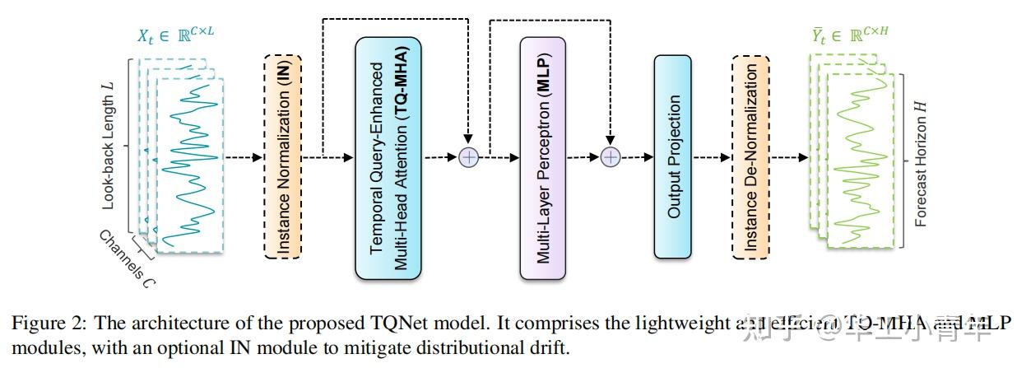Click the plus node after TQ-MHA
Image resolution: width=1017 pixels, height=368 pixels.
pos(468,156)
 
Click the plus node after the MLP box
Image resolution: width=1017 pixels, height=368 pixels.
pos(610,156)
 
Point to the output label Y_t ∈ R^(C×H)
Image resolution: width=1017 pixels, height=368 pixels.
pos(851,36)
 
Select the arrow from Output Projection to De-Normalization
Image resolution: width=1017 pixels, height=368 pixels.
pos(711,156)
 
